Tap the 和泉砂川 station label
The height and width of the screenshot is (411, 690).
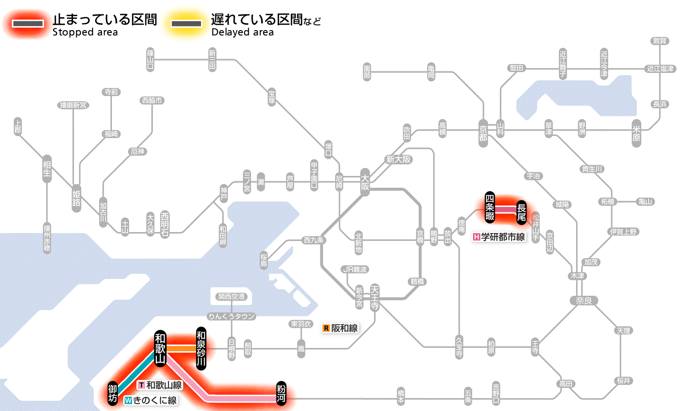coord(201,348)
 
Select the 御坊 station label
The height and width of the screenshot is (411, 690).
coord(113,392)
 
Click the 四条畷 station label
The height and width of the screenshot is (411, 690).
coord(489,206)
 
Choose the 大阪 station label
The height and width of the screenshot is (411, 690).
coord(365,182)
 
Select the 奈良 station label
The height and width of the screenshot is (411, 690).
coord(583,300)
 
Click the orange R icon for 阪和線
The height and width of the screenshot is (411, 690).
coord(326,328)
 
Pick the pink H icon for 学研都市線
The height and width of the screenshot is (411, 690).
coord(476,237)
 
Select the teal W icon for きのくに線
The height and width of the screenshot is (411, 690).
coord(129,401)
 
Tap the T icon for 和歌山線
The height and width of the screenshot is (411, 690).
coord(141,385)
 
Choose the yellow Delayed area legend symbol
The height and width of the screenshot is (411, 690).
coord(186,23)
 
